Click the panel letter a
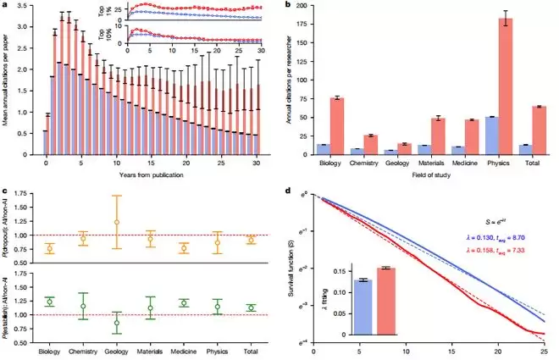(6, 7)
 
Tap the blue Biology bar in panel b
(323, 149)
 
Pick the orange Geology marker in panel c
(117, 222)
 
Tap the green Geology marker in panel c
(117, 323)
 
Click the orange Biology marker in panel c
(50, 248)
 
